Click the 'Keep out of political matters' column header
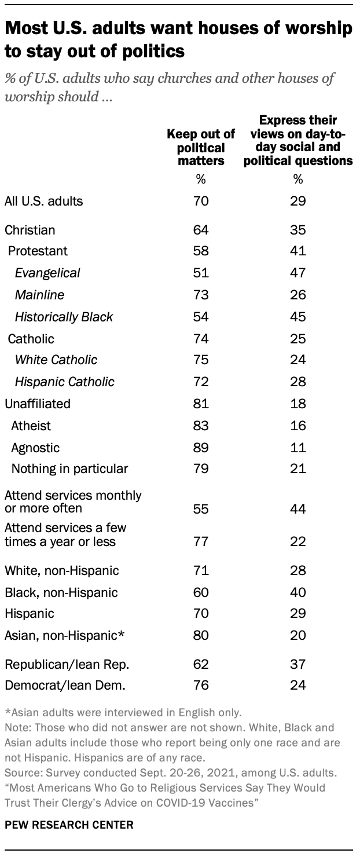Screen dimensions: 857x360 click(201, 148)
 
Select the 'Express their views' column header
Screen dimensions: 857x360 click(298, 141)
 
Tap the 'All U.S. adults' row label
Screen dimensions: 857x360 click(44, 202)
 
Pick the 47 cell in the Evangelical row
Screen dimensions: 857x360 click(298, 273)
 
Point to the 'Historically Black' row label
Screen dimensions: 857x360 click(64, 317)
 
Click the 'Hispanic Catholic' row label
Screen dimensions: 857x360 click(65, 382)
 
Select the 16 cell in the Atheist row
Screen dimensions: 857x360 click(298, 426)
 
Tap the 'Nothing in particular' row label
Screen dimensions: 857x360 click(69, 468)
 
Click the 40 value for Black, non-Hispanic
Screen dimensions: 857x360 click(298, 593)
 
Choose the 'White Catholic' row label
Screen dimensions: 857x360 click(56, 360)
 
